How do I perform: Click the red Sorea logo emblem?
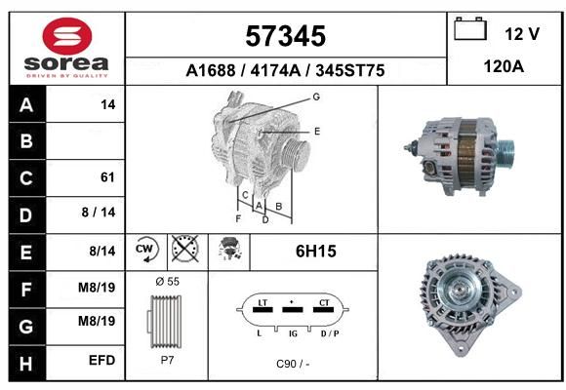coord(67,36)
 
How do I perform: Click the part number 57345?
coord(286,36)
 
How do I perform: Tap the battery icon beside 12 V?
coord(470,28)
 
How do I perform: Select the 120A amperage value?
coord(504,66)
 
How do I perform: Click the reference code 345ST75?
coord(350,70)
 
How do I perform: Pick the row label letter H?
coord(26,364)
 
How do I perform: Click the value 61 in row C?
coord(107,177)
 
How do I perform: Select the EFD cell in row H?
coord(102,360)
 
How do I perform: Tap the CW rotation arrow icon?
coord(146,249)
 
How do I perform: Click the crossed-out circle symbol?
coord(184,249)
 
